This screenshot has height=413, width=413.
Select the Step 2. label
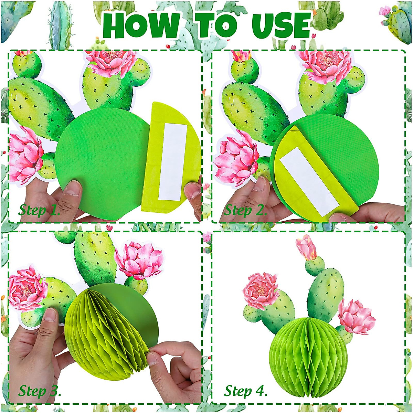coord(245,210)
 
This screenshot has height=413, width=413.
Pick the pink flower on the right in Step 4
coord(356,317)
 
